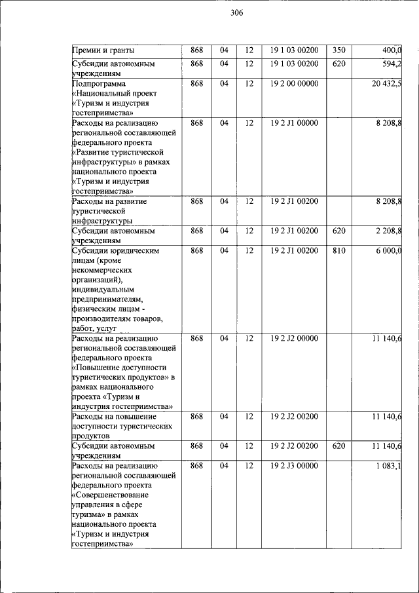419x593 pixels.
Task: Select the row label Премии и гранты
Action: tap(102, 50)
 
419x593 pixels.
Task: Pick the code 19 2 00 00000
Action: tap(294, 83)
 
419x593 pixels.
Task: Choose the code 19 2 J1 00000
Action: tap(294, 123)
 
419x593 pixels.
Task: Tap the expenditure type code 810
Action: tap(338, 250)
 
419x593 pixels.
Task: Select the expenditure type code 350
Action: tap(338, 50)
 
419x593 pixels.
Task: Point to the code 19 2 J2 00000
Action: tap(294, 339)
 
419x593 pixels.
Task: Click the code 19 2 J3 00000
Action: tap(294, 466)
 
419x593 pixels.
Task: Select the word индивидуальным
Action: tap(103, 290)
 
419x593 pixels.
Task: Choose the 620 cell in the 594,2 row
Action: tap(338, 64)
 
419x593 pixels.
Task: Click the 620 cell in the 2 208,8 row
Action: tap(338, 231)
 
